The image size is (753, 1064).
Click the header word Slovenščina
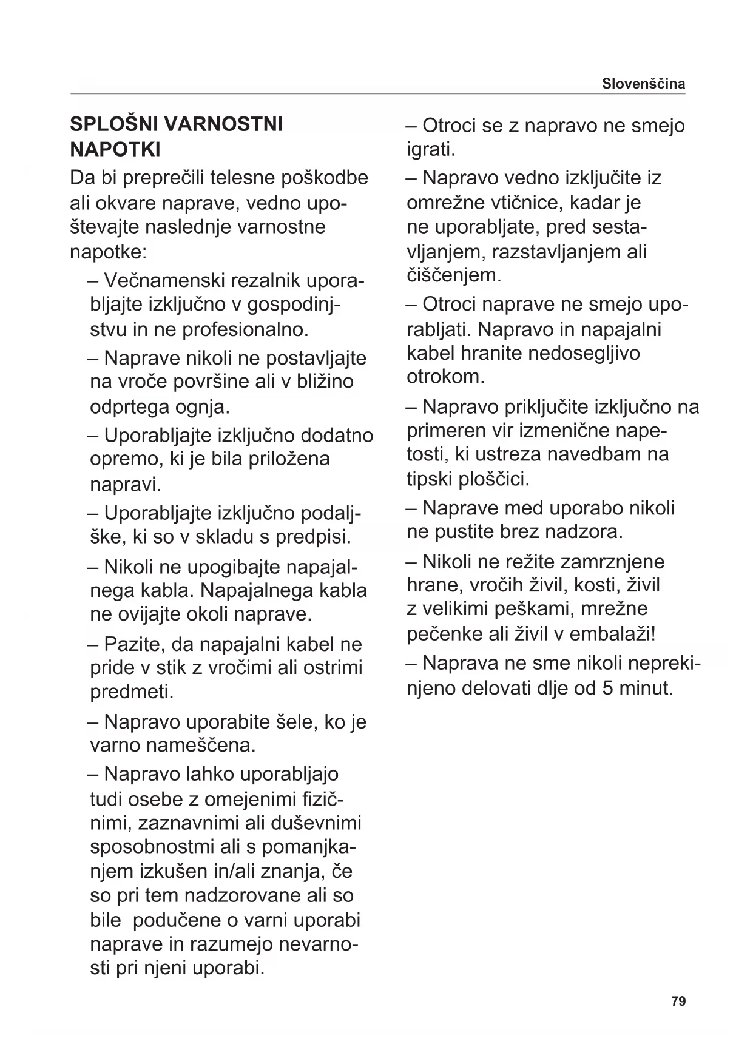[x=643, y=84]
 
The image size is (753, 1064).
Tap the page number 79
[x=678, y=1001]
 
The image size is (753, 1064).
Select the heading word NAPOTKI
[x=115, y=149]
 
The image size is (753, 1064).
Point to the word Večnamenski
[x=159, y=280]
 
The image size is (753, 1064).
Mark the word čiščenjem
[x=454, y=275]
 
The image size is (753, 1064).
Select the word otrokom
[x=445, y=377]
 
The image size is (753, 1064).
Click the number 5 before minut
[x=607, y=688]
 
